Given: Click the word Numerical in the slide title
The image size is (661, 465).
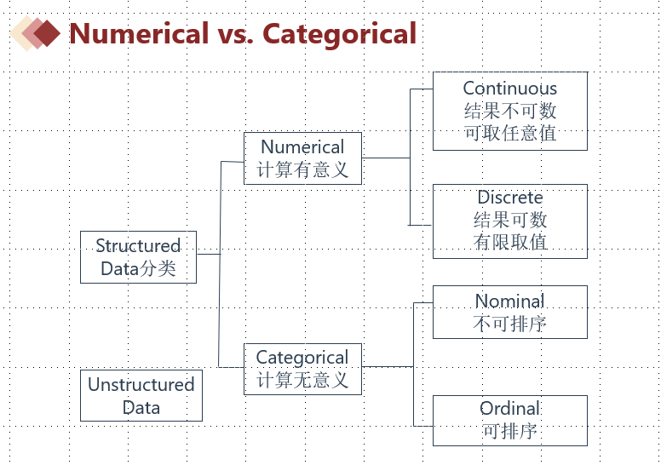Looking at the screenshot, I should (138, 33).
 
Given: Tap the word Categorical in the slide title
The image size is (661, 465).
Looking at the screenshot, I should (339, 33).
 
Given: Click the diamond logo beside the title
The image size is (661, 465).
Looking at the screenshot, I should (37, 33).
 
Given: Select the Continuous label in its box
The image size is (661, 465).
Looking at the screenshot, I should (509, 89).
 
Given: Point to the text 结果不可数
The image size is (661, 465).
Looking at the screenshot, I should (509, 111).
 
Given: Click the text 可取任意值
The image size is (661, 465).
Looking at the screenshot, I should (509, 133).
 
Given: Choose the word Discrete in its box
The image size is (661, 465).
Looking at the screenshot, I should (509, 198).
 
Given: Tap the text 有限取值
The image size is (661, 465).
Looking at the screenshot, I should (509, 242).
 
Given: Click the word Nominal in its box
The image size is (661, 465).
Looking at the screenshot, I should (509, 301).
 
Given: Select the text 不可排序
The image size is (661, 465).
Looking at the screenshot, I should (509, 324).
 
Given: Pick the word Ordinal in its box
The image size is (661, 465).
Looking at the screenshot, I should (509, 409).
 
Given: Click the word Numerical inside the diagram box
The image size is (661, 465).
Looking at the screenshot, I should (302, 147).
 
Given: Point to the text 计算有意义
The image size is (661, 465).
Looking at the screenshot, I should (302, 169).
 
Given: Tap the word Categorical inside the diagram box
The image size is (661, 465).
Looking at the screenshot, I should (302, 358).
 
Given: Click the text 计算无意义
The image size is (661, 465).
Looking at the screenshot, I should (302, 380).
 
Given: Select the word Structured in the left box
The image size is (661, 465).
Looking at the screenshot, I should (138, 246).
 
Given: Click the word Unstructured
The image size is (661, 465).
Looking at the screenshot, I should (141, 385).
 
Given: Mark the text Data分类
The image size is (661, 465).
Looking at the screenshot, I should (138, 269).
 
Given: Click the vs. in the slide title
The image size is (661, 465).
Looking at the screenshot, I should (234, 33).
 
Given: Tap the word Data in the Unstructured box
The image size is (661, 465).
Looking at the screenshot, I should (141, 407).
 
